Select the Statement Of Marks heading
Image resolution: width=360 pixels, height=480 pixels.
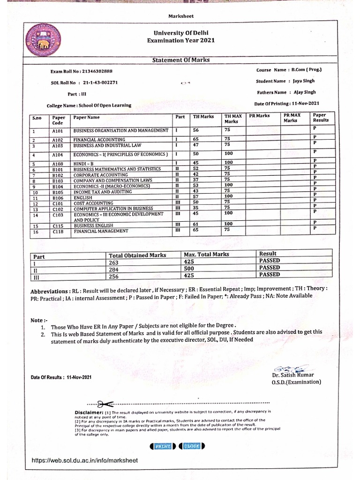(181, 60)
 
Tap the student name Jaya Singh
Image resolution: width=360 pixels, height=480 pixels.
(305, 81)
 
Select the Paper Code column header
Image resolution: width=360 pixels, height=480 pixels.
(59, 120)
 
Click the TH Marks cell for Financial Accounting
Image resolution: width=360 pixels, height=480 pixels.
(195, 140)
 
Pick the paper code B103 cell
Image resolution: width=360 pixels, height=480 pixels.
(58, 180)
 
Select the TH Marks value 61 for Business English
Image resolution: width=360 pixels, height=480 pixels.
(196, 225)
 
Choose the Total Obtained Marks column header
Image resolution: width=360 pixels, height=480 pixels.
(137, 255)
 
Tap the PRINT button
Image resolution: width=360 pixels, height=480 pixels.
(162, 446)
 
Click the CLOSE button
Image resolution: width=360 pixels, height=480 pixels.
(192, 446)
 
